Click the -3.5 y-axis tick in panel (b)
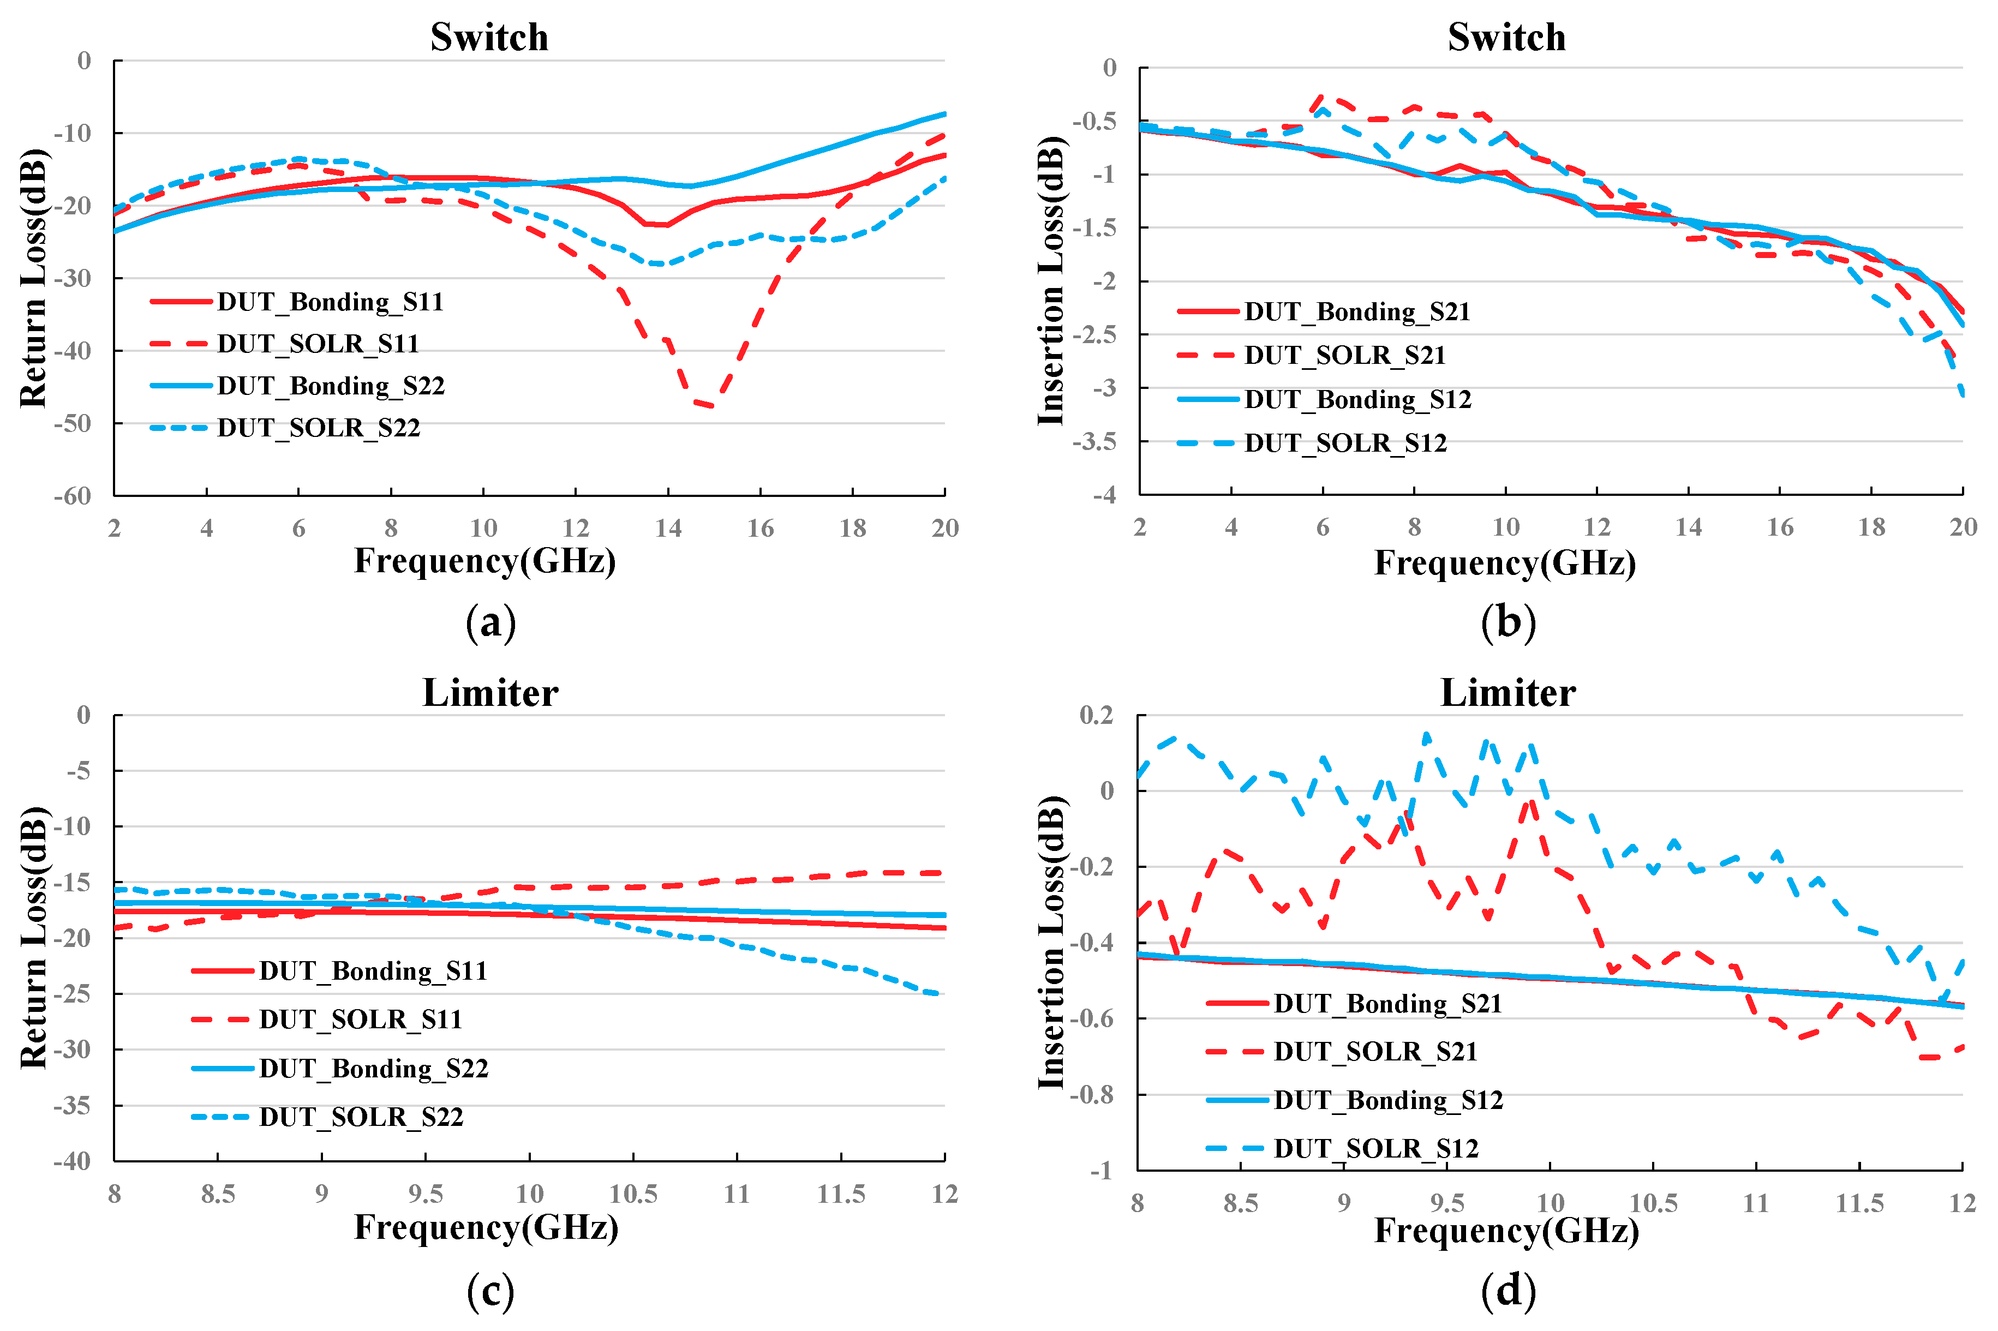(x=1094, y=441)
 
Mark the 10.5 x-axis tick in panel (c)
(x=633, y=1194)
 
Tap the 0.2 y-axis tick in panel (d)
(x=1097, y=715)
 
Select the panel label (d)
(x=1508, y=1291)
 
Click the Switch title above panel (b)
(x=1506, y=37)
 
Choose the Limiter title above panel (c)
(x=490, y=693)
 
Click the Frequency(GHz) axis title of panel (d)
(x=1506, y=1230)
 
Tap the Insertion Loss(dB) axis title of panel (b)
(x=1051, y=280)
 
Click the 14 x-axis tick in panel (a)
(x=668, y=528)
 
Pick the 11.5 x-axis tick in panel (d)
(x=1859, y=1203)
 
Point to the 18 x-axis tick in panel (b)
(x=1871, y=527)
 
